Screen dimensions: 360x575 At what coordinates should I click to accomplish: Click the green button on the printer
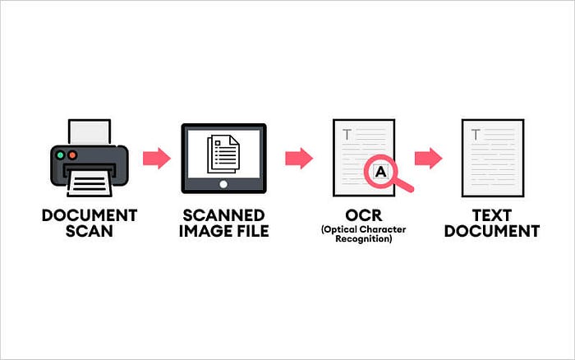pos(60,154)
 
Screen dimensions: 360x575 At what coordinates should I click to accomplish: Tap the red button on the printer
pos(71,154)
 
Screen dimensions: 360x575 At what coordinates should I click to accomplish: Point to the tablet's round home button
pos(224,185)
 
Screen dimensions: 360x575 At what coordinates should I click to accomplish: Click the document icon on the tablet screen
pos(223,153)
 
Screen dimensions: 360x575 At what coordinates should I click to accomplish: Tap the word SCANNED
pos(223,215)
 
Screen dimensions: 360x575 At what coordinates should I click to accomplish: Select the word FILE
pos(251,231)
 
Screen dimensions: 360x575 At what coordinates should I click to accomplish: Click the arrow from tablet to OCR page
pos(299,158)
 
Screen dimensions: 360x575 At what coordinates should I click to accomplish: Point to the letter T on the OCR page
pos(347,134)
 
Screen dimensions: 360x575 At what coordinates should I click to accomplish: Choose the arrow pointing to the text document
pos(427,158)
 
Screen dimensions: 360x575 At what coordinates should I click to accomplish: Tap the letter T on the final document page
pos(476,134)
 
